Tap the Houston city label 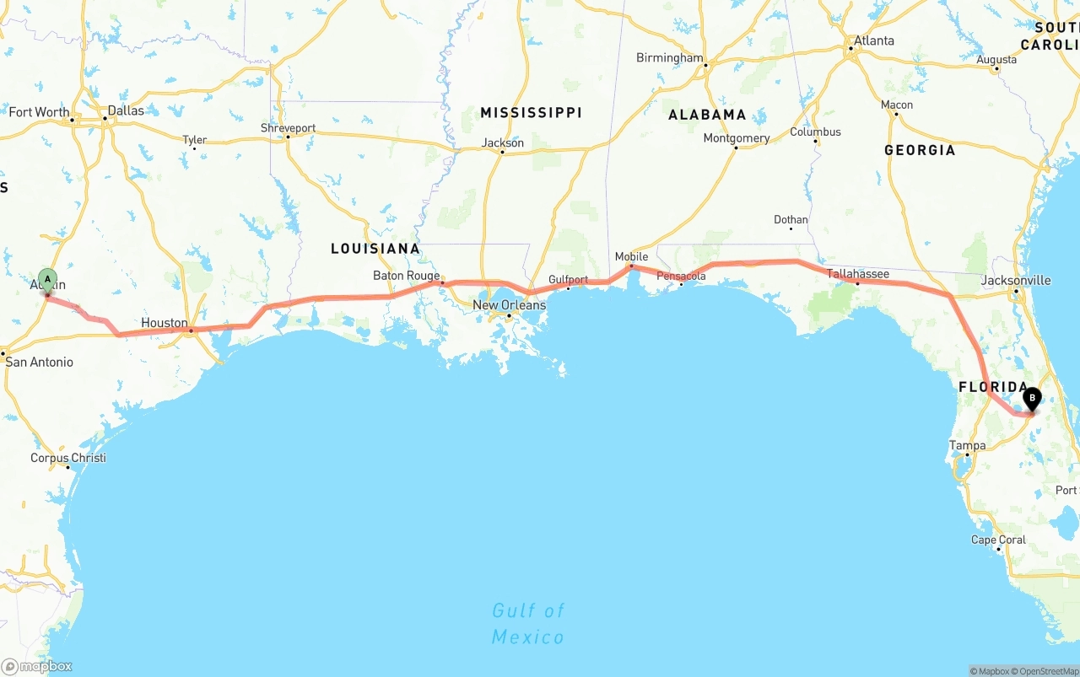pos(165,323)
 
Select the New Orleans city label pos(509,305)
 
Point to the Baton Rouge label pos(406,276)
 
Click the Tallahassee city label pos(858,274)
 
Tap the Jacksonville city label pos(1016,280)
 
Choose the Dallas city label pos(126,110)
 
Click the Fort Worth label pos(39,112)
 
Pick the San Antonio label pos(40,363)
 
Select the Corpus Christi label pos(68,459)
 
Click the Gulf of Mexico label pos(528,623)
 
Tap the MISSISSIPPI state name pos(531,112)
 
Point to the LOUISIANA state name pos(375,249)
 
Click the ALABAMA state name pos(707,115)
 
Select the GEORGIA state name pos(920,150)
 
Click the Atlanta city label pos(873,40)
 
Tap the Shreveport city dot pos(288,137)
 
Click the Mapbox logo pos(37,666)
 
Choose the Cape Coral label pos(998,540)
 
